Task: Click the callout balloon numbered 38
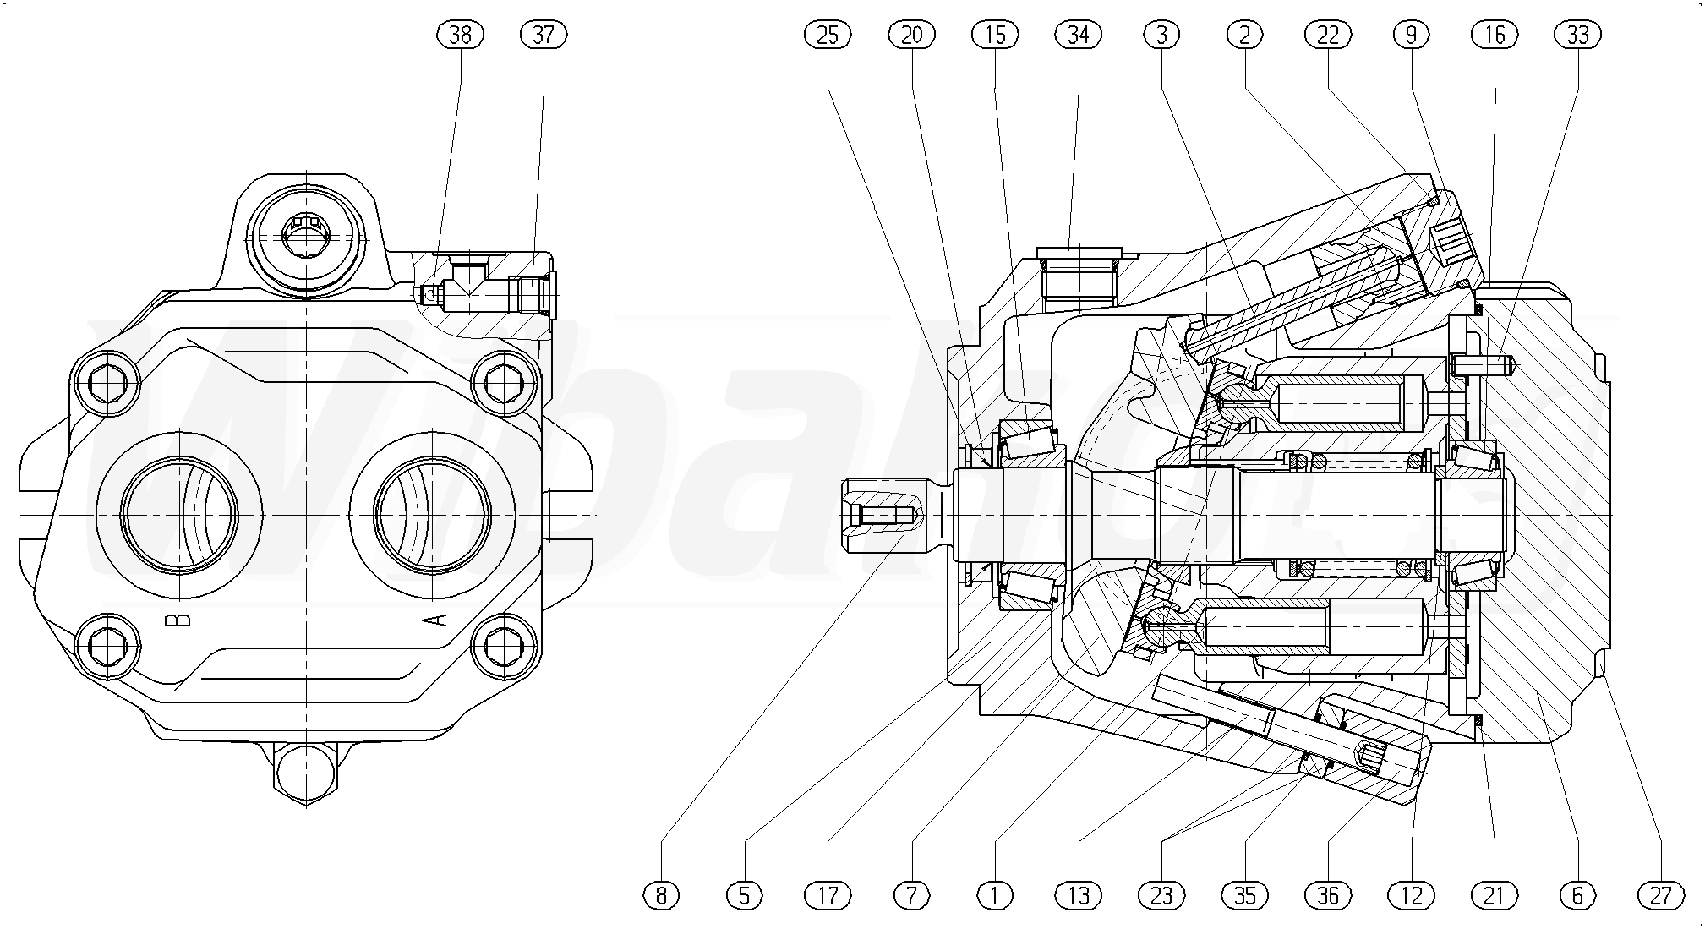(461, 35)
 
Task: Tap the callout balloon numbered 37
(544, 35)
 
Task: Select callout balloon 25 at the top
(828, 35)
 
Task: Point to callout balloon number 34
(1079, 35)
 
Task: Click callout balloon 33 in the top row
(1577, 35)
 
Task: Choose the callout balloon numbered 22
(1328, 35)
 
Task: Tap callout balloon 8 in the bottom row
(661, 894)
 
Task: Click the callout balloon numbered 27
(1660, 894)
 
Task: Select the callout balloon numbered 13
(1079, 894)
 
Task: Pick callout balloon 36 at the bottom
(1328, 894)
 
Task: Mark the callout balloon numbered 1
(995, 894)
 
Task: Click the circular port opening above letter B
(179, 514)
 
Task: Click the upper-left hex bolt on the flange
(106, 385)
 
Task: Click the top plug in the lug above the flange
(304, 234)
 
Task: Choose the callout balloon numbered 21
(1494, 894)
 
